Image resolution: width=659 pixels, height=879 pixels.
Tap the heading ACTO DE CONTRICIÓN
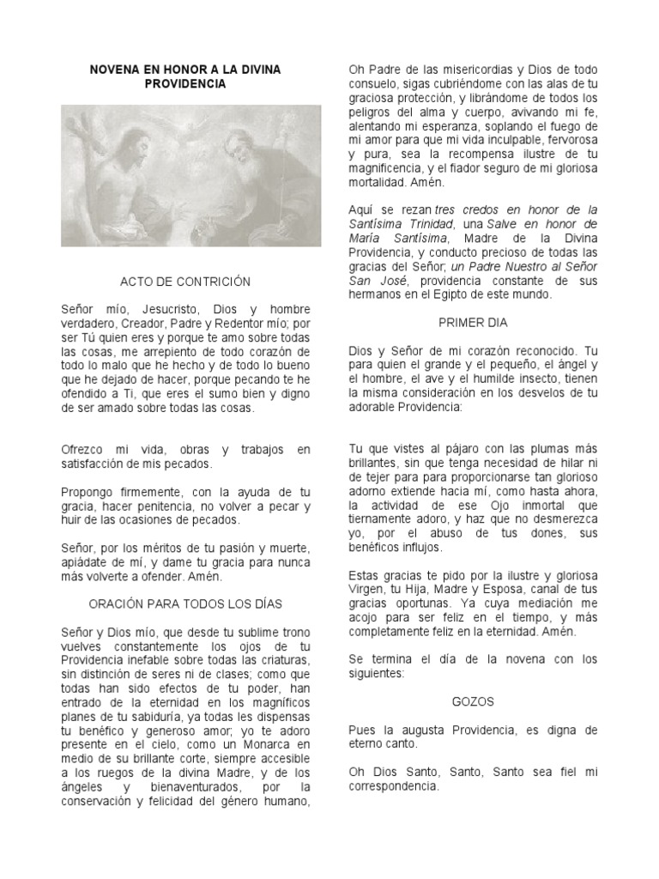[185, 282]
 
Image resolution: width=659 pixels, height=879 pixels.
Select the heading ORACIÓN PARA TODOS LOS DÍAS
[185, 603]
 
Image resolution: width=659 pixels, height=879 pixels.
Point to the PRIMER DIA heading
[473, 323]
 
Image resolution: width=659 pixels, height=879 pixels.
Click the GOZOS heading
[473, 701]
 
